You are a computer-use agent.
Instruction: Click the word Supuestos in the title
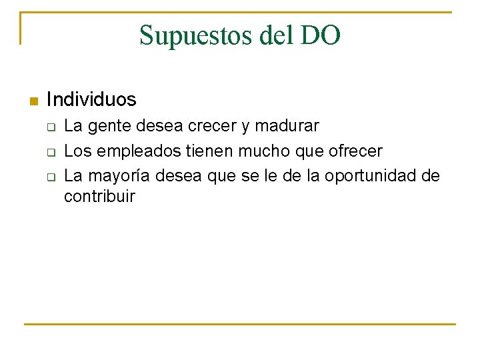195,35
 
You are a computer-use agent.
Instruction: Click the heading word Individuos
91,100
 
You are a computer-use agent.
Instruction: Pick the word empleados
138,152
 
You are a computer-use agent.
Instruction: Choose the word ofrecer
356,151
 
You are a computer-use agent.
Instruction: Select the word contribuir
99,197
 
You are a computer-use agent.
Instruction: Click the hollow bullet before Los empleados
50,153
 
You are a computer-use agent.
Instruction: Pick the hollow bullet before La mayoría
50,177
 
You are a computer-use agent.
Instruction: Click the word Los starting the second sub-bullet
77,151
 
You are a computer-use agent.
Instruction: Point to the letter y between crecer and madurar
243,127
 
